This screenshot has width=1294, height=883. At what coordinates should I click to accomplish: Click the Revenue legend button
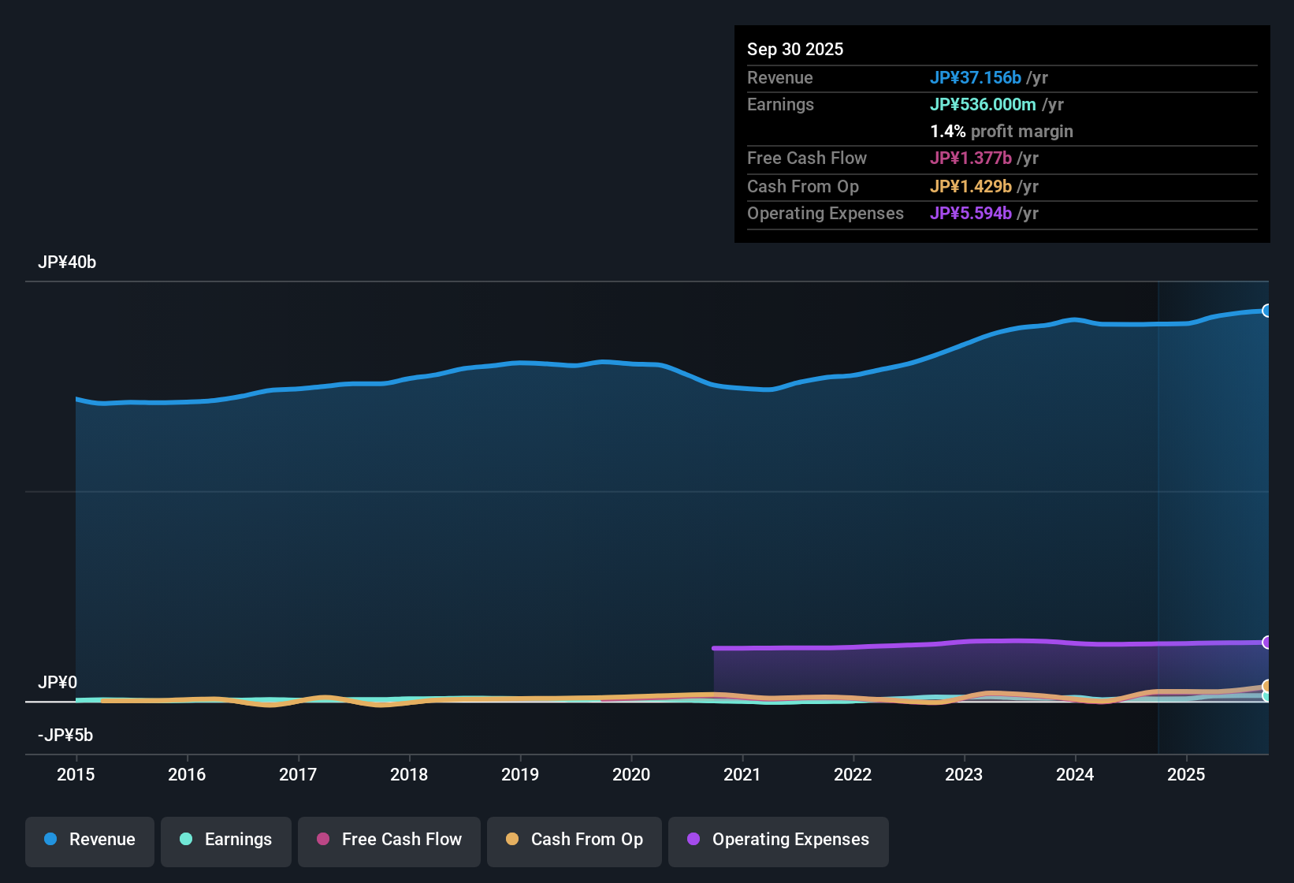pyautogui.click(x=90, y=840)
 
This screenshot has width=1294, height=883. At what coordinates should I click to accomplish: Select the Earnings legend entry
pyautogui.click(x=226, y=840)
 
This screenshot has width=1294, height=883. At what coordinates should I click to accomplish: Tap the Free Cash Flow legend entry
pyautogui.click(x=389, y=840)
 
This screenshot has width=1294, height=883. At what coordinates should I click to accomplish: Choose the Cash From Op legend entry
pyautogui.click(x=574, y=840)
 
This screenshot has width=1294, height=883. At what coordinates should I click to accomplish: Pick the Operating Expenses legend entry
pyautogui.click(x=779, y=840)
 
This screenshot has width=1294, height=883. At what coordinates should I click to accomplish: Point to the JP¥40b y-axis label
pyautogui.click(x=67, y=263)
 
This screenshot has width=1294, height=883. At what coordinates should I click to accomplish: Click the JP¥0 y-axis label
pyautogui.click(x=58, y=683)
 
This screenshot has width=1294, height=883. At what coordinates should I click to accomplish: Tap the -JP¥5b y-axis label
pyautogui.click(x=65, y=736)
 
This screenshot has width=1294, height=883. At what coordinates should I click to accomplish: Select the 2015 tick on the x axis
pyautogui.click(x=76, y=775)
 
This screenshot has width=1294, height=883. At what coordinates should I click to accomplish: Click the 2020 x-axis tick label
pyautogui.click(x=631, y=775)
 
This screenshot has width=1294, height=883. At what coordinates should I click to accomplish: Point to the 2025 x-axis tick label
pyautogui.click(x=1186, y=775)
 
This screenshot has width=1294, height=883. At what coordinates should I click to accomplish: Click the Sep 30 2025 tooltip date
pyautogui.click(x=795, y=50)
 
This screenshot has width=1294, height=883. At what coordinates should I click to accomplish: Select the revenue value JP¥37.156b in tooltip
pyautogui.click(x=976, y=78)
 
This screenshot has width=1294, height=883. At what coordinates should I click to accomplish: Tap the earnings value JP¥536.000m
pyautogui.click(x=983, y=105)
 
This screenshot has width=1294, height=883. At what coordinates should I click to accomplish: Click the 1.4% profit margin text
pyautogui.click(x=1002, y=132)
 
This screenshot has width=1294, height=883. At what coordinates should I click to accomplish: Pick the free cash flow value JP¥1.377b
pyautogui.click(x=971, y=158)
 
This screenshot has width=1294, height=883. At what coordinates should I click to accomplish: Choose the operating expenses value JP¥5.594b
pyautogui.click(x=971, y=214)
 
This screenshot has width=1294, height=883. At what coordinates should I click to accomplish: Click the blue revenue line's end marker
pyautogui.click(x=1266, y=311)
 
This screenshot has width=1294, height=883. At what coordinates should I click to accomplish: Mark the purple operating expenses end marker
pyautogui.click(x=1266, y=643)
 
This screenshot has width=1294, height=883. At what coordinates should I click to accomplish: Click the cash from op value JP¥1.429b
pyautogui.click(x=971, y=187)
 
